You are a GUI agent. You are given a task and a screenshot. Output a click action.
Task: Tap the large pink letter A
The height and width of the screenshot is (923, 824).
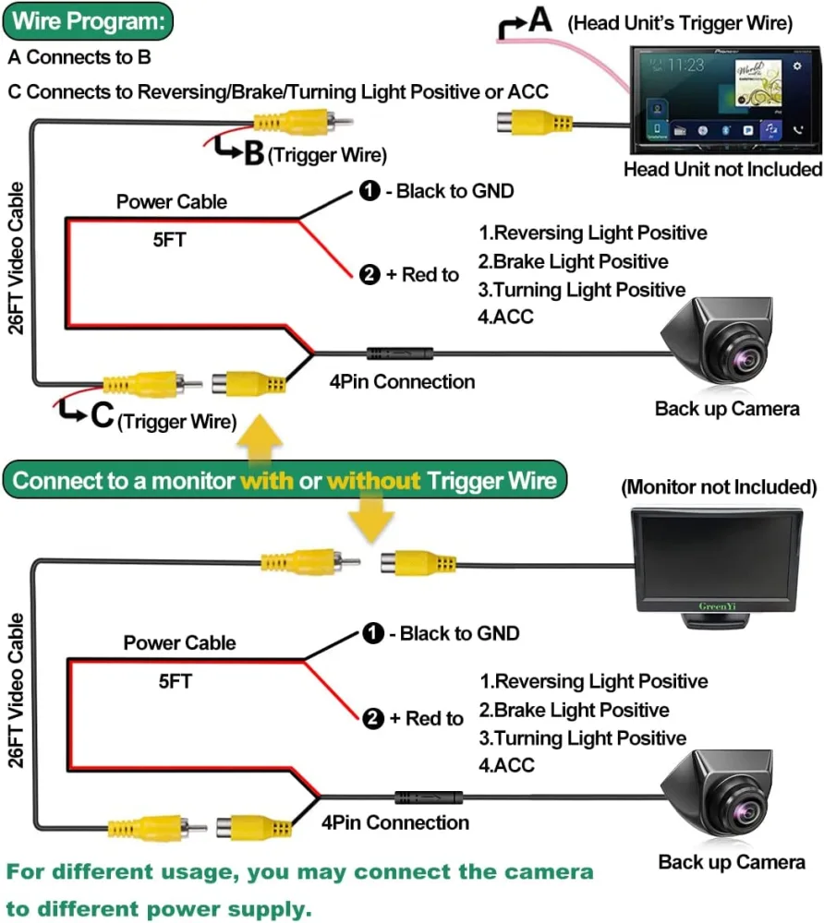[539, 20]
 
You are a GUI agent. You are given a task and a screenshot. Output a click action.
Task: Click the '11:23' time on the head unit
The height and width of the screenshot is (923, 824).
[685, 66]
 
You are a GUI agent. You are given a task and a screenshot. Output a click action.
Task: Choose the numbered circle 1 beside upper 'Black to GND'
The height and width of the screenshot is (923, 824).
[370, 192]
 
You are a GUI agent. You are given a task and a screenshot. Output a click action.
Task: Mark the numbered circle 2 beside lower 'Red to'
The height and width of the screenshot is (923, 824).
[372, 719]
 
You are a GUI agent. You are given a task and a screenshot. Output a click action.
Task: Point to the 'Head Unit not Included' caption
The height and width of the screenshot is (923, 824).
[722, 169]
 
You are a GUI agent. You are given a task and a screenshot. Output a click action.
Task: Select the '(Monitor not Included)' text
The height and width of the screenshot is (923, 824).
[718, 486]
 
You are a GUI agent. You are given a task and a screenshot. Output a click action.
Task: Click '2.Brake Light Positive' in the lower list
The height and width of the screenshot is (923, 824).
[574, 710]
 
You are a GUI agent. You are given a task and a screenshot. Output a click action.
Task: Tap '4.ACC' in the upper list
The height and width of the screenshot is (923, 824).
[505, 317]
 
